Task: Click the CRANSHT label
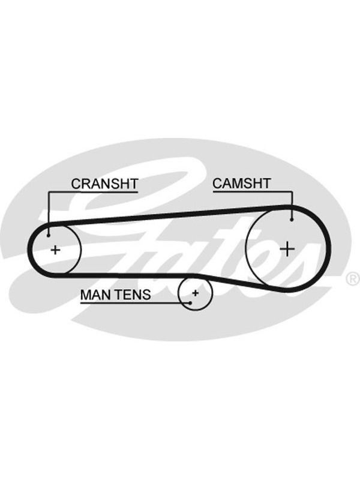pyautogui.click(x=104, y=184)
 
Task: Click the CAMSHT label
pyautogui.click(x=242, y=184)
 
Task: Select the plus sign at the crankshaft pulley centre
pyautogui.click(x=55, y=250)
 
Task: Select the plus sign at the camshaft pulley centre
pyautogui.click(x=287, y=248)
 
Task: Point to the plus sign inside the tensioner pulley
pyautogui.click(x=196, y=293)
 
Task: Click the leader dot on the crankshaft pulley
pyautogui.click(x=49, y=235)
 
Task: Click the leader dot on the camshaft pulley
pyautogui.click(x=292, y=220)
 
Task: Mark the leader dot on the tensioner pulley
pyautogui.click(x=190, y=303)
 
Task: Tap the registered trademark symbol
pyautogui.click(x=352, y=279)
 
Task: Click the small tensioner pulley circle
pyautogui.click(x=194, y=310)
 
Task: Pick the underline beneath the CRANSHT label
pyautogui.click(x=93, y=192)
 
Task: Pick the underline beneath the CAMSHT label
pyautogui.click(x=253, y=192)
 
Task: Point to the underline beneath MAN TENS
pyautogui.click(x=135, y=303)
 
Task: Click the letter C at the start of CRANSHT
pyautogui.click(x=76, y=184)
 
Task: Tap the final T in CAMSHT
pyautogui.click(x=266, y=184)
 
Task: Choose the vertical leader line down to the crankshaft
pyautogui.click(x=49, y=214)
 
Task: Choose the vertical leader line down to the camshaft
pyautogui.click(x=292, y=205)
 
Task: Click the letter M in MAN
pyautogui.click(x=86, y=295)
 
